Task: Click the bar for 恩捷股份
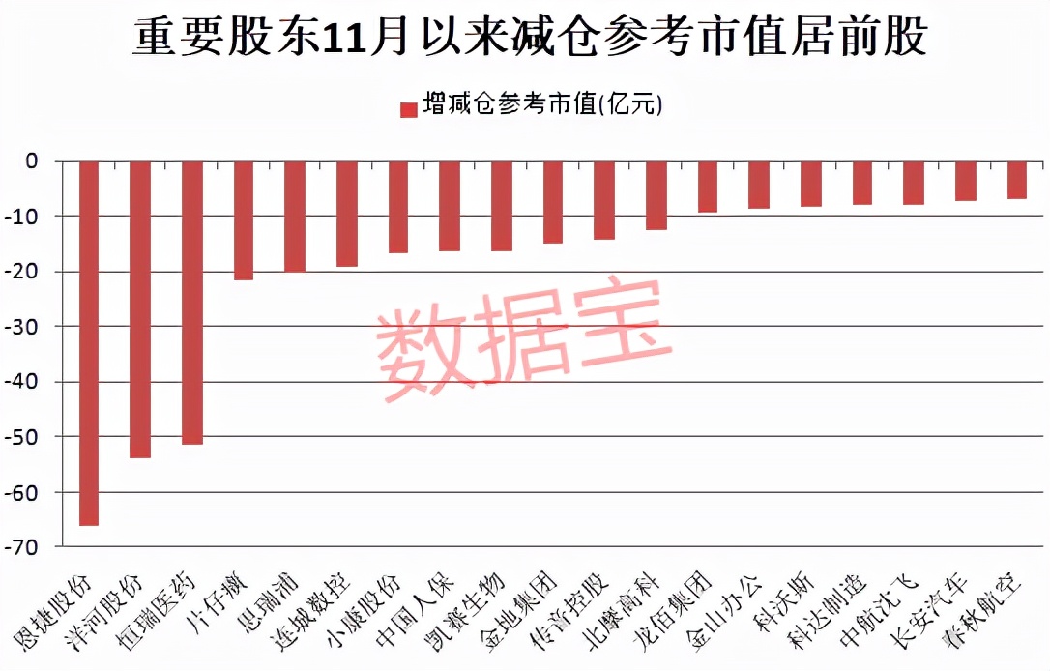click(89, 343)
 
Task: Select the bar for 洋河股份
click(140, 309)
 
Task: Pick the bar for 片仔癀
click(244, 220)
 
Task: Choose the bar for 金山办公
click(759, 185)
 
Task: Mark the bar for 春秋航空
click(1017, 180)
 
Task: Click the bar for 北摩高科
click(656, 195)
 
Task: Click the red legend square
click(408, 108)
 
